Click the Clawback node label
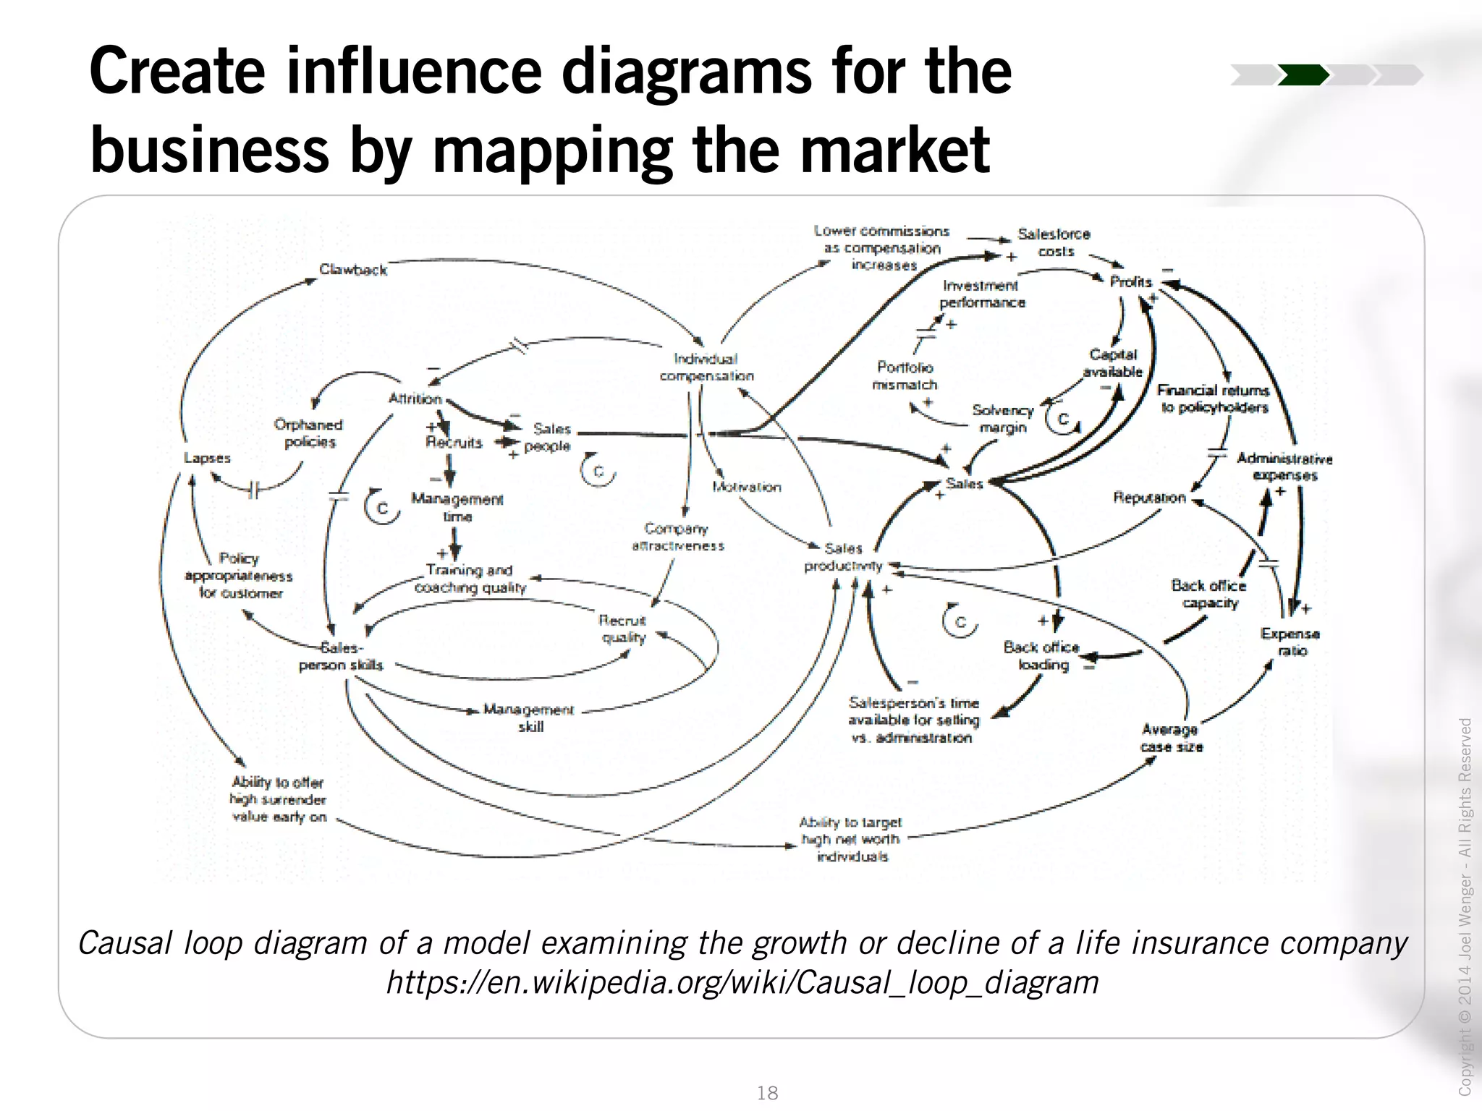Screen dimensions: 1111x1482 coord(353,270)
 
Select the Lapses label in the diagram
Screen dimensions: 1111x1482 coord(207,458)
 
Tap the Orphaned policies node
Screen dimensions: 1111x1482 coord(309,433)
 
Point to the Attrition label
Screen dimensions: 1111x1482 coord(415,399)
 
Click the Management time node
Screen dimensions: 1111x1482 coord(457,507)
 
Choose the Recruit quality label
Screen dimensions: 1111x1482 coord(622,629)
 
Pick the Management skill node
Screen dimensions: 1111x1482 coord(529,718)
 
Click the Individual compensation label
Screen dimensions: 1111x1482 coord(706,367)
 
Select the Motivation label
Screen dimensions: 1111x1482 coord(747,487)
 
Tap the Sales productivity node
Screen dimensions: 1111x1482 coord(844,557)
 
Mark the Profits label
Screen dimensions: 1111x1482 coord(1130,281)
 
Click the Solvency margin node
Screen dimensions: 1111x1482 coord(1003,419)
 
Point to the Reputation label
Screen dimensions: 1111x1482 coord(1149,498)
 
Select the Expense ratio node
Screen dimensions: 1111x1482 coord(1290,642)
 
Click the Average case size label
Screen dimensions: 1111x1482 coord(1171,738)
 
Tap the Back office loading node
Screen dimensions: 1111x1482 coord(1042,655)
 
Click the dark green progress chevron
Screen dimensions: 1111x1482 coord(1303,75)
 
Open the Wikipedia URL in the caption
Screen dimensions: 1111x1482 coord(742,982)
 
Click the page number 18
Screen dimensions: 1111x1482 coord(767,1092)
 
